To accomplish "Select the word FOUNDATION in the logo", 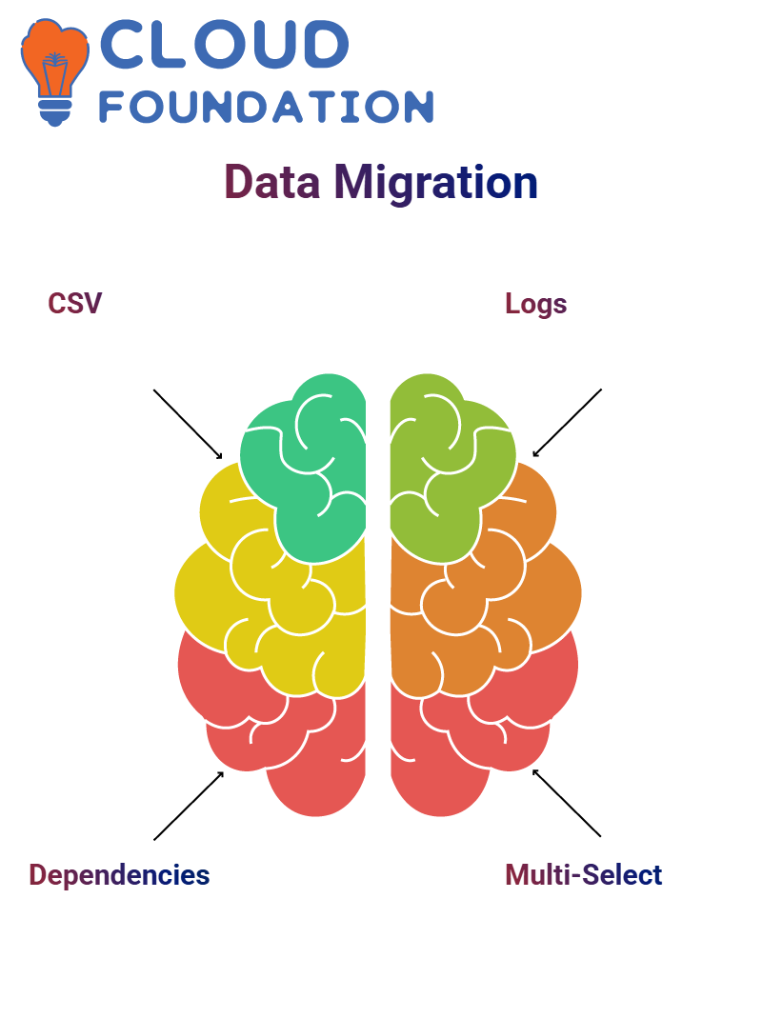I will pos(267,107).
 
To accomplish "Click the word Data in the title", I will pos(271,182).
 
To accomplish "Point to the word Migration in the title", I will pos(435,182).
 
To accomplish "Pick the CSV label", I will pos(74,304).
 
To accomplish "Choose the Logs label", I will pos(535,304).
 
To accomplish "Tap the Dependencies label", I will pos(119,874).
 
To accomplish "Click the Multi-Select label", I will pos(583,874).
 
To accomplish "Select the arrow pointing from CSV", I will pos(188,424).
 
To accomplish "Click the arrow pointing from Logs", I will pos(567,423).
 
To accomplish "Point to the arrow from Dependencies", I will pos(189,806).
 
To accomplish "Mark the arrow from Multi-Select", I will pos(567,803).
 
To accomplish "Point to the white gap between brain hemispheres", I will pos(378,590).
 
